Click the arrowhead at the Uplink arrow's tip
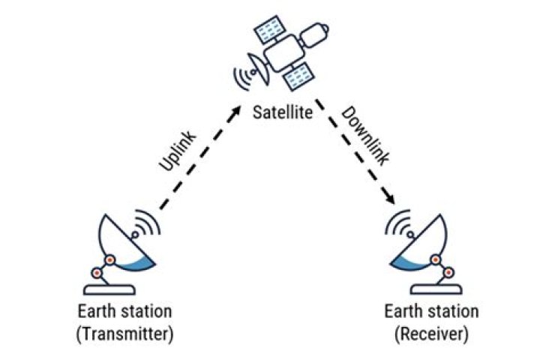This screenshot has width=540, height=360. click(x=238, y=109)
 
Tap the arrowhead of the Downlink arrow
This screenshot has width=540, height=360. click(x=391, y=200)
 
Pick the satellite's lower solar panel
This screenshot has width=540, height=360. click(x=301, y=75)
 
